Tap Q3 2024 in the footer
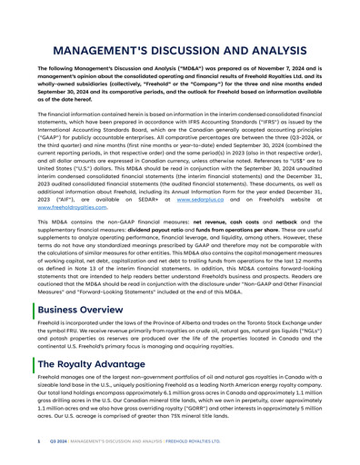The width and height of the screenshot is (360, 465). [x=57, y=441]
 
